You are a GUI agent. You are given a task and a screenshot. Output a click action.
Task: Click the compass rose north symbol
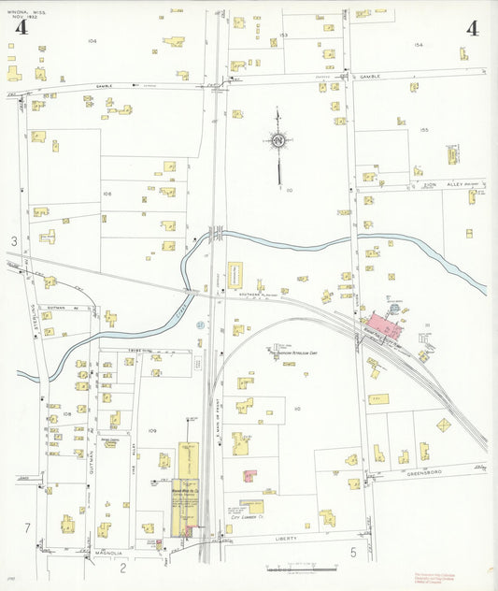[278, 141]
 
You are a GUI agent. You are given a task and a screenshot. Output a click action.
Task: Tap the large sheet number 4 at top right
[472, 27]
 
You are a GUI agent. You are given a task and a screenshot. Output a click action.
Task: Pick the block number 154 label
[419, 44]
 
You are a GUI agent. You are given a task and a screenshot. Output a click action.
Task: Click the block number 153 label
[283, 35]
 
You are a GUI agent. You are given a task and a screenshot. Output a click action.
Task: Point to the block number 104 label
[92, 41]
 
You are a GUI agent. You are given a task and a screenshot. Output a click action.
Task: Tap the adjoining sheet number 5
[353, 553]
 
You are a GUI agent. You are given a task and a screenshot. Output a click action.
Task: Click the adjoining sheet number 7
[27, 528]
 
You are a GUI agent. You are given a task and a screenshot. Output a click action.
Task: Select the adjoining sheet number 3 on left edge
[14, 242]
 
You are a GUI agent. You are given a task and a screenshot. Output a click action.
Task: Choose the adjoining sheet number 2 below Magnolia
[121, 567]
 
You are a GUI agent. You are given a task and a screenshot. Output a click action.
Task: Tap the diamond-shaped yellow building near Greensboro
[443, 425]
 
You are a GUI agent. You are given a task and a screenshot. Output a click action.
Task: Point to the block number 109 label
[152, 430]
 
